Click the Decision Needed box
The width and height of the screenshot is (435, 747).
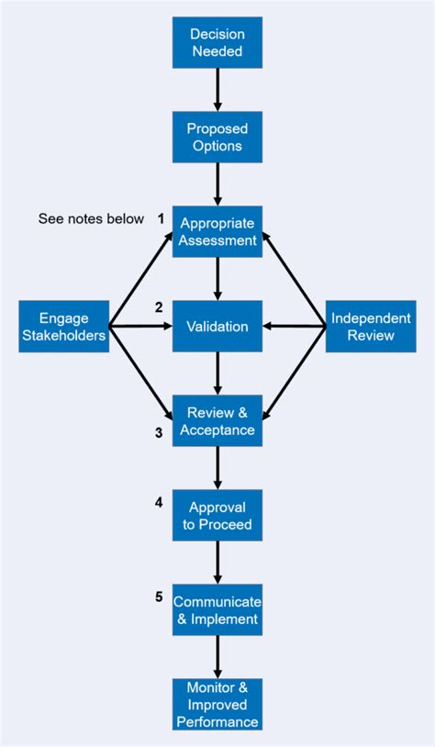pyautogui.click(x=217, y=43)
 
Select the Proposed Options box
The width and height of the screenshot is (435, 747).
pyautogui.click(x=217, y=137)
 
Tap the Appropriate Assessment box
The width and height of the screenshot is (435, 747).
pyautogui.click(x=217, y=231)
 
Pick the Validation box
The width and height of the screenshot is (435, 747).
pyautogui.click(x=217, y=326)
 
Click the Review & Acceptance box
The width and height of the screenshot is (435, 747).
pyautogui.click(x=217, y=420)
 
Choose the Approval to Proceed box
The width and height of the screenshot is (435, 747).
pyautogui.click(x=217, y=515)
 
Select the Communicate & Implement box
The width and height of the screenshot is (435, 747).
pyautogui.click(x=217, y=609)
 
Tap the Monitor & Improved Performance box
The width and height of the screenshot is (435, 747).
pyautogui.click(x=217, y=704)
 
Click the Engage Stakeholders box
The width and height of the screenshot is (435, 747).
pyautogui.click(x=63, y=326)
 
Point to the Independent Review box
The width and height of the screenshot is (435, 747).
pyautogui.click(x=370, y=326)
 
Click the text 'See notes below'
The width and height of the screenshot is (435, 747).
pyautogui.click(x=91, y=219)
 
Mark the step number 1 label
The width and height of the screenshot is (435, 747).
pyautogui.click(x=160, y=219)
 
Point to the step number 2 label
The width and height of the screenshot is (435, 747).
pyautogui.click(x=159, y=307)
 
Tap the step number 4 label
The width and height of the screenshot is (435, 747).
pyautogui.click(x=159, y=502)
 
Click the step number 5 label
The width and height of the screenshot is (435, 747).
pyautogui.click(x=159, y=596)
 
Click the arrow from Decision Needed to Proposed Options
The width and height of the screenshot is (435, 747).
pyautogui.click(x=217, y=90)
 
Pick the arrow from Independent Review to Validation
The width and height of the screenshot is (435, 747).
pyautogui.click(x=295, y=326)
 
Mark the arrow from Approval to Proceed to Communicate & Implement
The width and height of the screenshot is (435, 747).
pyautogui.click(x=217, y=562)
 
